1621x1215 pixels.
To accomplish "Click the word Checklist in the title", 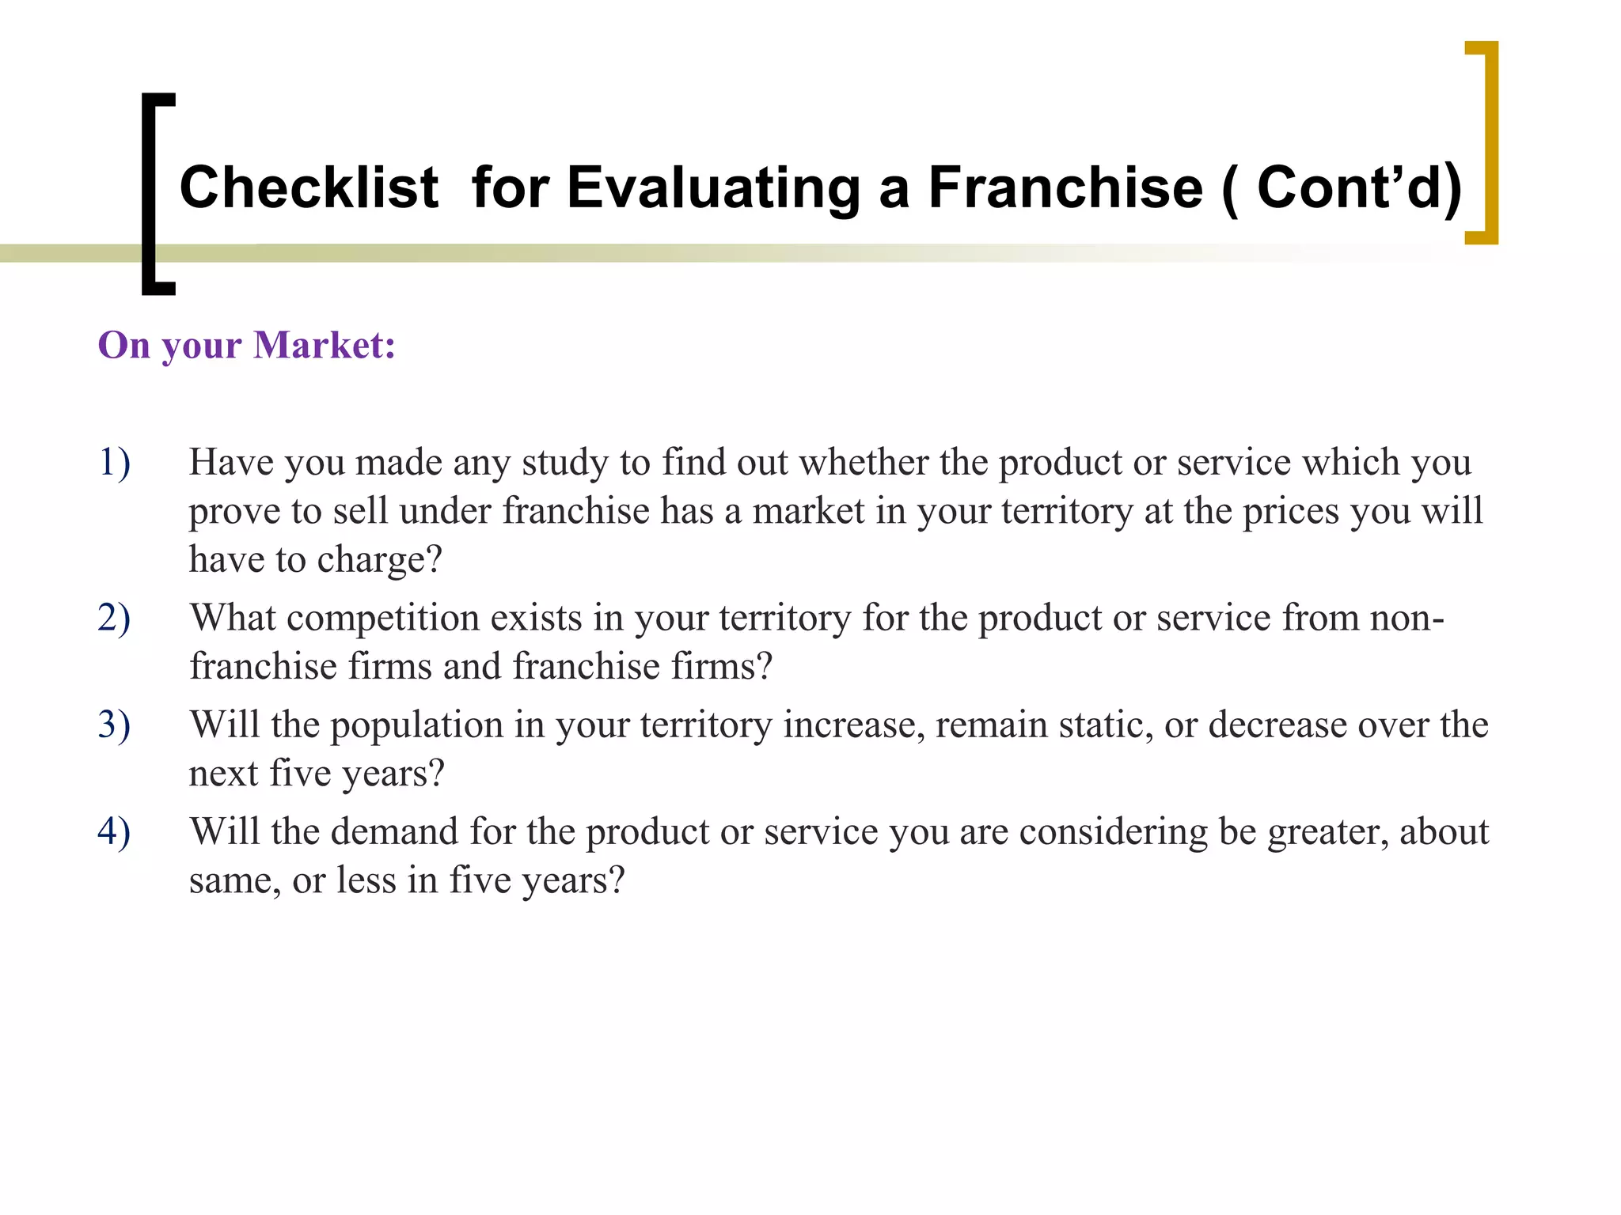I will click(x=309, y=188).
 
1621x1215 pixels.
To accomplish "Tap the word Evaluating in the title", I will click(x=713, y=188).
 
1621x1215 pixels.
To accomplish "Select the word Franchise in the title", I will click(x=1065, y=188).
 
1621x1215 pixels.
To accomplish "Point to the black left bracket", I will click(x=150, y=194).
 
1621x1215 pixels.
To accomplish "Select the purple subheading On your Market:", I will click(x=246, y=346).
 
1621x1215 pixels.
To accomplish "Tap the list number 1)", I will click(x=114, y=462).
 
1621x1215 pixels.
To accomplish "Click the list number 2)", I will click(x=114, y=617).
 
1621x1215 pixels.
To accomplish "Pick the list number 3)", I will click(x=114, y=725).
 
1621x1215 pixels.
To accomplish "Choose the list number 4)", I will click(x=114, y=831).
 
